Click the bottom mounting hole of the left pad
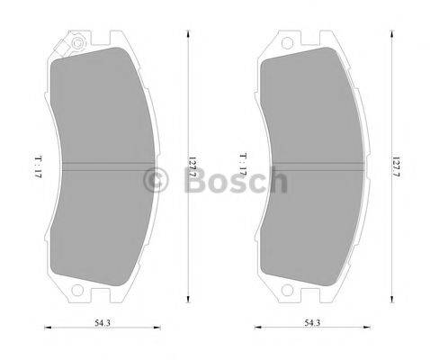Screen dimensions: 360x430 coord(77,290)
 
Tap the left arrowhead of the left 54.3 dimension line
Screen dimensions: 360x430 coord(47,328)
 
